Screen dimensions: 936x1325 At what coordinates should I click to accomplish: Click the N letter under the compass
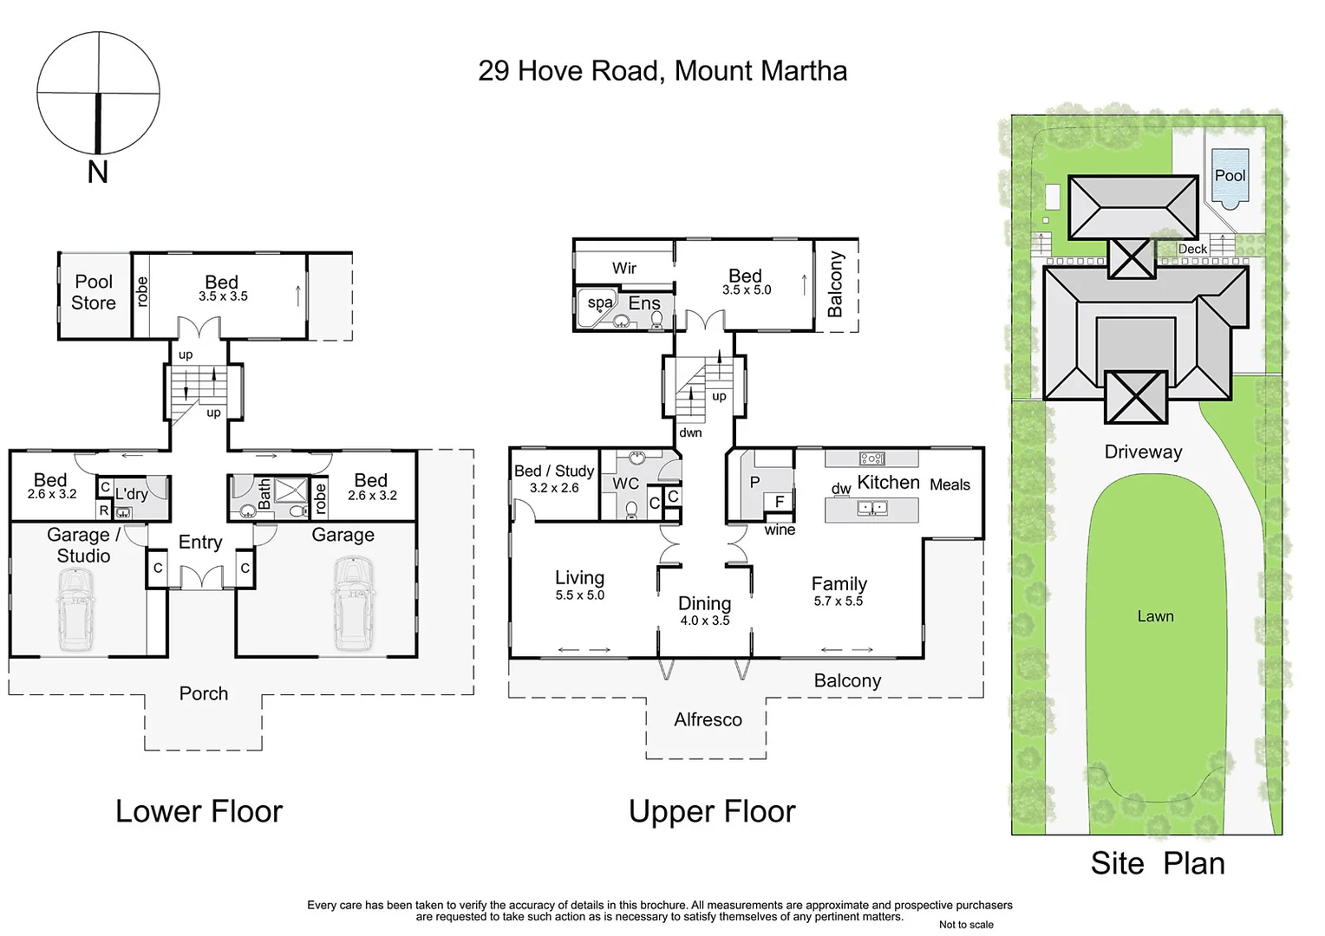(x=98, y=172)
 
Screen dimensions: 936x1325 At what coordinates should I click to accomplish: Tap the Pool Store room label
(x=94, y=292)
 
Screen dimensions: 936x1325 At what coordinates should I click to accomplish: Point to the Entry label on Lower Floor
(x=200, y=542)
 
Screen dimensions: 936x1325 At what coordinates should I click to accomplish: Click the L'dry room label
(x=132, y=494)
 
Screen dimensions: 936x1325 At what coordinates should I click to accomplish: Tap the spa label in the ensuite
(x=600, y=302)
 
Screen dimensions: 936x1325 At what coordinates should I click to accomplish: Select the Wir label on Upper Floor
(x=624, y=268)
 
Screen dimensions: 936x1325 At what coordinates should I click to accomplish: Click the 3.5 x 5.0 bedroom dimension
(x=747, y=290)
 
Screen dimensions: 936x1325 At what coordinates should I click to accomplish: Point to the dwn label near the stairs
(x=690, y=432)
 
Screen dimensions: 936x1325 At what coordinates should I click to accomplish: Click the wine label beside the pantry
(x=780, y=530)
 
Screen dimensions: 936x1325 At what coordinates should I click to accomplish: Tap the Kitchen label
(x=888, y=483)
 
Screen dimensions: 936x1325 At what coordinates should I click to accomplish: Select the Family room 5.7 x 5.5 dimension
(x=839, y=601)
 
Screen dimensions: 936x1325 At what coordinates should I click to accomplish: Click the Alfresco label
(x=708, y=719)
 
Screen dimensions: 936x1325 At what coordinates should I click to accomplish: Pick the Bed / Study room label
(x=554, y=471)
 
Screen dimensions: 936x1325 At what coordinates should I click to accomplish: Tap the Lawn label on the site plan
(x=1155, y=616)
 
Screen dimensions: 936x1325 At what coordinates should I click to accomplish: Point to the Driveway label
(x=1143, y=452)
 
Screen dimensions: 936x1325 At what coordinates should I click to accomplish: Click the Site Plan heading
(x=1158, y=863)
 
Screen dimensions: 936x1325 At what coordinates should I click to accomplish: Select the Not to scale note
(x=966, y=925)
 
